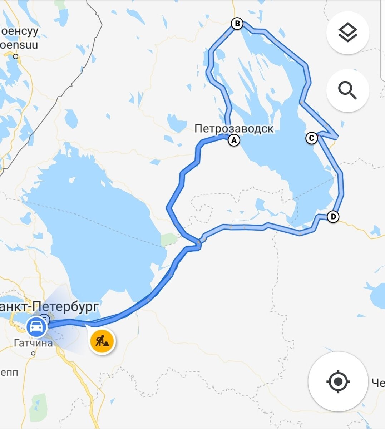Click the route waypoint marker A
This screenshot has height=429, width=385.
234,140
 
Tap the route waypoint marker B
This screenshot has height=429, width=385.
237,24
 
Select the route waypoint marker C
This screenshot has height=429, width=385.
312,138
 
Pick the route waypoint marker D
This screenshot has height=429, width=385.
333,217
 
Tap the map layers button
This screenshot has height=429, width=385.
347,33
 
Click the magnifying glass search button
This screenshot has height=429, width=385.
347,90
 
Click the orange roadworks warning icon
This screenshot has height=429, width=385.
102,341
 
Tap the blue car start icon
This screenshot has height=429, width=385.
36,327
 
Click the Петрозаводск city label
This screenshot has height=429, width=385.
234,128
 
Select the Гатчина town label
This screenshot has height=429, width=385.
33,343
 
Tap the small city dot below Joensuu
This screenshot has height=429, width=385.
15,56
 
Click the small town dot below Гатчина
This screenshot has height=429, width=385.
33,353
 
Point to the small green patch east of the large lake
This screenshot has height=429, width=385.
169,239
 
